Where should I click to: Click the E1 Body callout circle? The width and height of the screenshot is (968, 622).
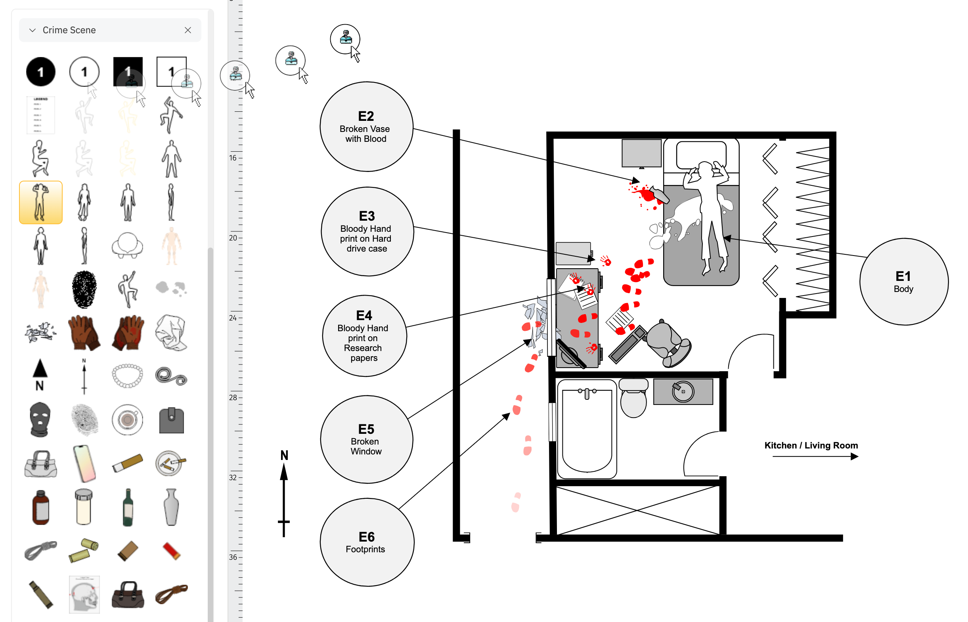[x=903, y=282]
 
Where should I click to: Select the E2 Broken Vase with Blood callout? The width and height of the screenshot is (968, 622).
[x=366, y=127]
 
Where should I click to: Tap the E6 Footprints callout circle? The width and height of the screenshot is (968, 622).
[x=366, y=542]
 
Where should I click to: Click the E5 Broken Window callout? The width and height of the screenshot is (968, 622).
[x=366, y=439]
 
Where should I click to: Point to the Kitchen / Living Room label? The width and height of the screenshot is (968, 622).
[x=811, y=445]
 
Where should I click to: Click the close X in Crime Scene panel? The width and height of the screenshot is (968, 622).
[x=188, y=30]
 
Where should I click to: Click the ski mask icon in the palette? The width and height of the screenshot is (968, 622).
[x=40, y=420]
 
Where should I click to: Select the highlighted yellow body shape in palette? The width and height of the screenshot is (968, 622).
[x=40, y=202]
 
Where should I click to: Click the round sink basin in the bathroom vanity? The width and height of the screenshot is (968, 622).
[x=683, y=391]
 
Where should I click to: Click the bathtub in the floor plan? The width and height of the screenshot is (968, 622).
[x=587, y=429]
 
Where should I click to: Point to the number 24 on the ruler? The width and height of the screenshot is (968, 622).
[x=233, y=318]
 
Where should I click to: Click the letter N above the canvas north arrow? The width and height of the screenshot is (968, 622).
[x=284, y=455]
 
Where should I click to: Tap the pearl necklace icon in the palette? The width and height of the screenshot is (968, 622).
[x=127, y=376]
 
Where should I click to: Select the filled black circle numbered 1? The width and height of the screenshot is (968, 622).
[x=40, y=72]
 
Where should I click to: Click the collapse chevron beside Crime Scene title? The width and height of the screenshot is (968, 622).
[x=33, y=30]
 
